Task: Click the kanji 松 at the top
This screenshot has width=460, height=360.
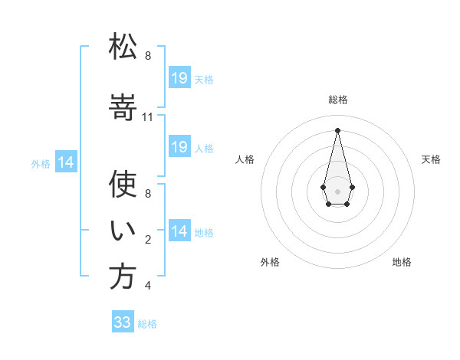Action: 123,46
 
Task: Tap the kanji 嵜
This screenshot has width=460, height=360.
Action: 123,107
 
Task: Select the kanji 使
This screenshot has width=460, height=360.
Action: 123,184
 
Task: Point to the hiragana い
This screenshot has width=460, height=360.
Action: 123,230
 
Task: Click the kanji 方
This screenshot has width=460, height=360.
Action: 123,277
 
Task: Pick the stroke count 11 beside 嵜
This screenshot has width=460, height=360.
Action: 147,117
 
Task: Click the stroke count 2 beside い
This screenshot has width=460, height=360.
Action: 148,240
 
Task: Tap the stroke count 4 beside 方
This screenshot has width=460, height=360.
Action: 148,286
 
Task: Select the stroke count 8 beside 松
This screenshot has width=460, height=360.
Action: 148,56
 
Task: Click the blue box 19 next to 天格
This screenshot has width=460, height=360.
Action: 179,77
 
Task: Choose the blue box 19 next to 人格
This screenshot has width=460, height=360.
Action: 179,146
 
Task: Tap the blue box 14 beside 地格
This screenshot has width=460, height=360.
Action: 179,230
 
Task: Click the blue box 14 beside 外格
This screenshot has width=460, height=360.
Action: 66,162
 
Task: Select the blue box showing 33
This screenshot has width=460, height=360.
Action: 123,321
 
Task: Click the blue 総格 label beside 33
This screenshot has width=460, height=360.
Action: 147,324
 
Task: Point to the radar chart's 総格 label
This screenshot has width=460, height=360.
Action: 338,100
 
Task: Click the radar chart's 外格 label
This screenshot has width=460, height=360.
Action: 270,262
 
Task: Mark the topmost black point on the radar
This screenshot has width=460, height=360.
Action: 337,130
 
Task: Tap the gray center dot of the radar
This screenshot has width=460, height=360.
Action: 337,191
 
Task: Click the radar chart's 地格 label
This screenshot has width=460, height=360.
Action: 402,262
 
